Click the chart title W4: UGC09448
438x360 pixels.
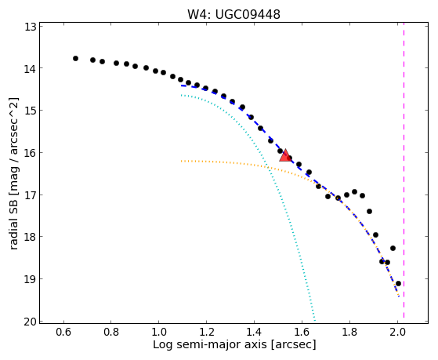(233, 15)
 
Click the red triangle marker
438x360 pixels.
(285, 156)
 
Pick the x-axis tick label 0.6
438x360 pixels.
(64, 333)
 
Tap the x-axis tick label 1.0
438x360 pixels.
(158, 333)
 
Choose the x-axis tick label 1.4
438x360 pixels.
(254, 333)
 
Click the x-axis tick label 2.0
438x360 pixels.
(397, 333)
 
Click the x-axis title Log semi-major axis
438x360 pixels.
(210, 345)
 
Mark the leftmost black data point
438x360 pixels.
(75, 59)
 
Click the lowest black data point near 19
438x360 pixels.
(398, 284)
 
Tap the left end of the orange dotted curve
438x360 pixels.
(181, 161)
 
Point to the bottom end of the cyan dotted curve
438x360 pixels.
(315, 321)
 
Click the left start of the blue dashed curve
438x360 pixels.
(181, 85)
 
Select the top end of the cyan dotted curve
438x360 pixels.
(181, 96)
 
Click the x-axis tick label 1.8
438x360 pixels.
(349, 333)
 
